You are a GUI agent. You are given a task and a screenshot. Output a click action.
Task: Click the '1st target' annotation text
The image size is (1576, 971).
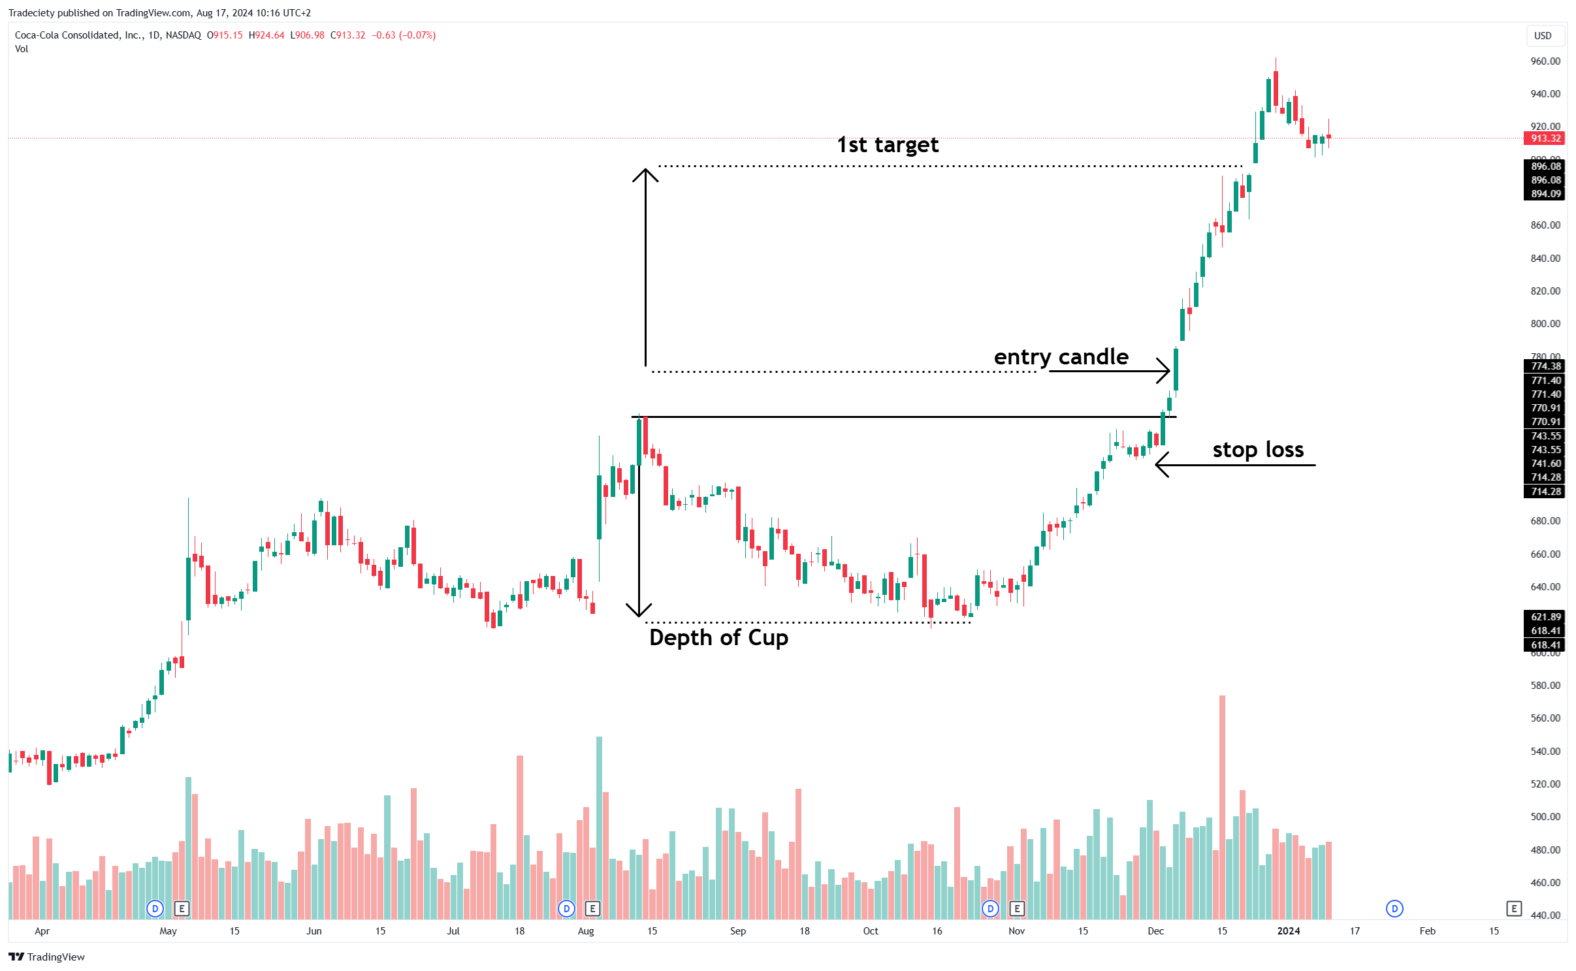tap(888, 145)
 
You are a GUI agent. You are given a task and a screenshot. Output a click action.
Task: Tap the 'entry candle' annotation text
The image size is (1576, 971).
tap(1061, 357)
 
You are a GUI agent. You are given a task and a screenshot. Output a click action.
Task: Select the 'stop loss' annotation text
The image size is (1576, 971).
tap(1257, 450)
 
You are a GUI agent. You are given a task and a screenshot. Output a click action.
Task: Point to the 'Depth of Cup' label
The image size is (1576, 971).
tap(718, 637)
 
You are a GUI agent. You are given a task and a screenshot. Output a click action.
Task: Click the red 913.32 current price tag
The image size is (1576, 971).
tap(1545, 138)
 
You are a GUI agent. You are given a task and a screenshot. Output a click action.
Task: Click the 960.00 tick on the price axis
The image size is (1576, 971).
tap(1545, 61)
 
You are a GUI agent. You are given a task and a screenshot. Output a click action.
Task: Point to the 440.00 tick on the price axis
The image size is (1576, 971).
tap(1545, 915)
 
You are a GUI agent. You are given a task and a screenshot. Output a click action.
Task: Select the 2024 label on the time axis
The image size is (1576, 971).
tap(1288, 931)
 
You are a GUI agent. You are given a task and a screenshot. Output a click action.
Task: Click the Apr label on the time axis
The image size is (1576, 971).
tap(42, 931)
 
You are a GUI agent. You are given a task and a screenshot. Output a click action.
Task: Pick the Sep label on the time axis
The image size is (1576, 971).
tap(737, 931)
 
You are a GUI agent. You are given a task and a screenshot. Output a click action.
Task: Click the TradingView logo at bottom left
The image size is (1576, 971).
tap(46, 957)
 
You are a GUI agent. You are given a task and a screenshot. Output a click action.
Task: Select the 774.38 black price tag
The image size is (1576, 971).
tap(1545, 366)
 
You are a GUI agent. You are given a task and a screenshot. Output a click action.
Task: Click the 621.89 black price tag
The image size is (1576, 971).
tap(1545, 617)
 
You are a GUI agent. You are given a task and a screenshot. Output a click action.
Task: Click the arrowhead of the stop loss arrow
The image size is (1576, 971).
tap(1159, 465)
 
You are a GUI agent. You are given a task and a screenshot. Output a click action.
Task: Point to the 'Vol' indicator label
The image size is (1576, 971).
tap(22, 49)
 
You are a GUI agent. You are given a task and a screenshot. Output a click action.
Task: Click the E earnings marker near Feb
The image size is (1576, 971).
tap(1514, 908)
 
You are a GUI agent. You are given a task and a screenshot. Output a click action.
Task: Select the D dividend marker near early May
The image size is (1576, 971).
tap(155, 908)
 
